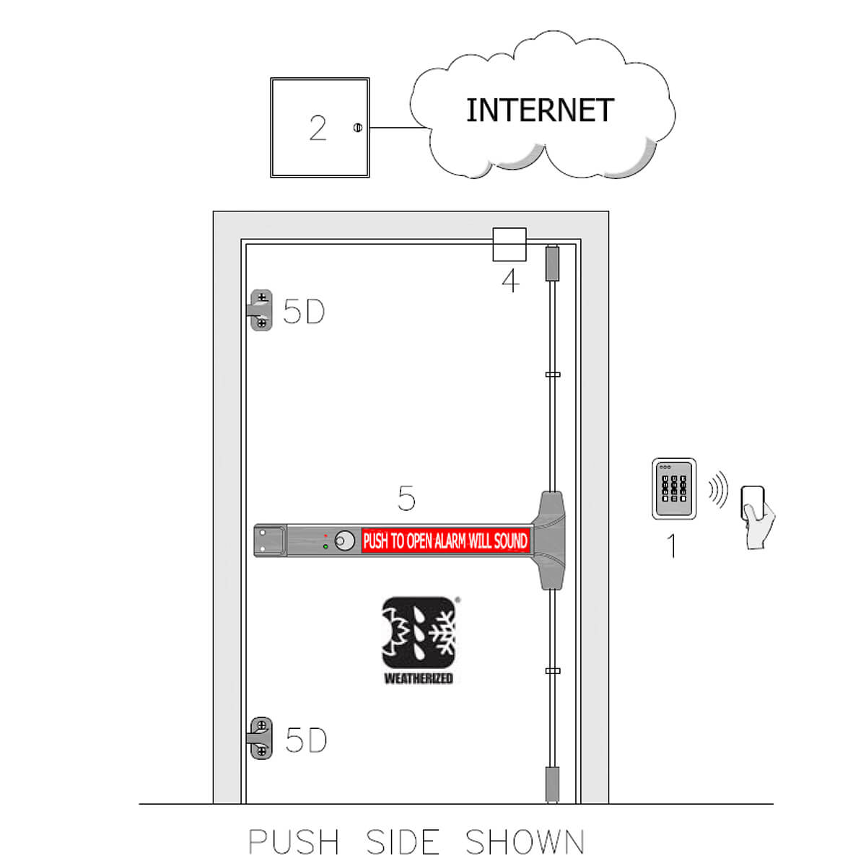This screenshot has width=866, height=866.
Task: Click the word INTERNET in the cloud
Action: click(540, 110)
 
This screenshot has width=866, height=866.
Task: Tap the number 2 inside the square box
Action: click(318, 128)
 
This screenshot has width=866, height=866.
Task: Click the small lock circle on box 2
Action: click(358, 128)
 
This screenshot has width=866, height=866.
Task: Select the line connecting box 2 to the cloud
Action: click(398, 128)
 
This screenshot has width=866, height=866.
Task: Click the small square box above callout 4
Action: click(509, 245)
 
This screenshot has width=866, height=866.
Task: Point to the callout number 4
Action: click(510, 281)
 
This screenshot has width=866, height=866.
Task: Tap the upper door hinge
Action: click(261, 310)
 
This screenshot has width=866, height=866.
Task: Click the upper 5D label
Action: click(304, 312)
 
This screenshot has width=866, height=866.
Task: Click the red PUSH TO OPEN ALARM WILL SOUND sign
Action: click(445, 541)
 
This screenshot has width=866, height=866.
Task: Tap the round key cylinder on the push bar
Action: click(345, 541)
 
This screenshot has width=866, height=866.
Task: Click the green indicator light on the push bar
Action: click(325, 546)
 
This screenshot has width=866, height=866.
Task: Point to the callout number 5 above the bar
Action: click(407, 498)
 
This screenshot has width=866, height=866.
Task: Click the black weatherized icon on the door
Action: click(419, 633)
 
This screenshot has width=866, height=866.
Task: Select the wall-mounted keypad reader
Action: click(674, 489)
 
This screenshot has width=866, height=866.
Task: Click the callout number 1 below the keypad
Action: click(673, 546)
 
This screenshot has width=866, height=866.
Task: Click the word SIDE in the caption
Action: click(403, 841)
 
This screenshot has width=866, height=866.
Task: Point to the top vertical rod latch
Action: click(552, 263)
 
